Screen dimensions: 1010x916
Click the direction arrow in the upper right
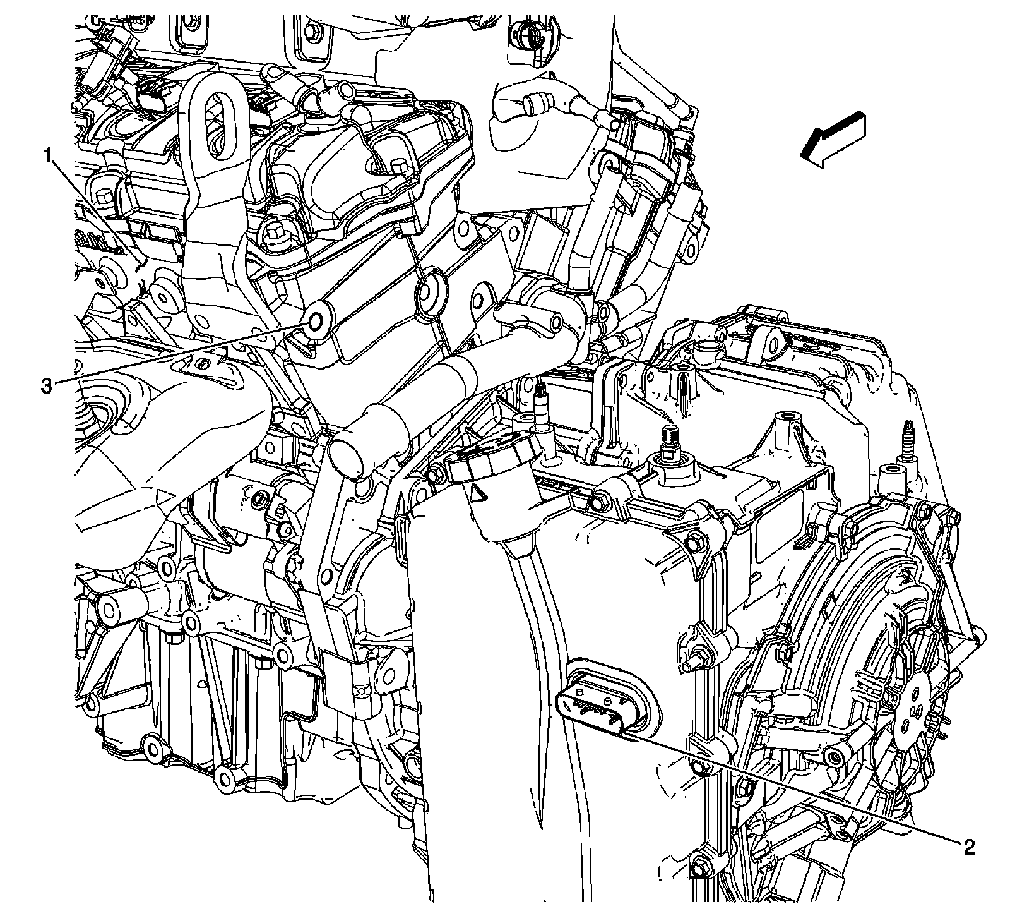point(831,140)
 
